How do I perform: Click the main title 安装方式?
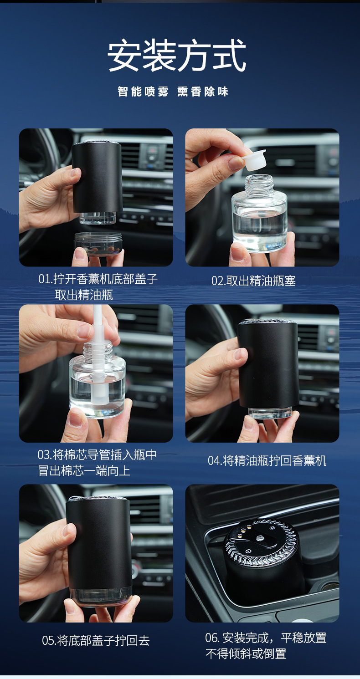pyautogui.click(x=176, y=56)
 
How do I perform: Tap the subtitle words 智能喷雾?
pyautogui.click(x=143, y=91)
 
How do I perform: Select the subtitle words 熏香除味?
pyautogui.click(x=203, y=91)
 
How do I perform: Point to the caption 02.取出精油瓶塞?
pyautogui.click(x=253, y=281)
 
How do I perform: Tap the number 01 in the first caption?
pyautogui.click(x=44, y=279)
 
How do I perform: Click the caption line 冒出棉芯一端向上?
pyautogui.click(x=84, y=470)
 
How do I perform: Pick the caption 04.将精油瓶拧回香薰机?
pyautogui.click(x=267, y=461)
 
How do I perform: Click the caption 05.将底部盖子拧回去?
pyautogui.click(x=96, y=640)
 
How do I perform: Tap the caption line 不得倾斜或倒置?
pyautogui.click(x=246, y=653)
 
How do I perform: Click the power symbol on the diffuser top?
pyautogui.click(x=249, y=551)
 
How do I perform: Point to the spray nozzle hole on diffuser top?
pyautogui.click(x=259, y=538)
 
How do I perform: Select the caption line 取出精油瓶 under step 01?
pyautogui.click(x=84, y=295)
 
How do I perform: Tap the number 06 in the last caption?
pyautogui.click(x=212, y=638)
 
